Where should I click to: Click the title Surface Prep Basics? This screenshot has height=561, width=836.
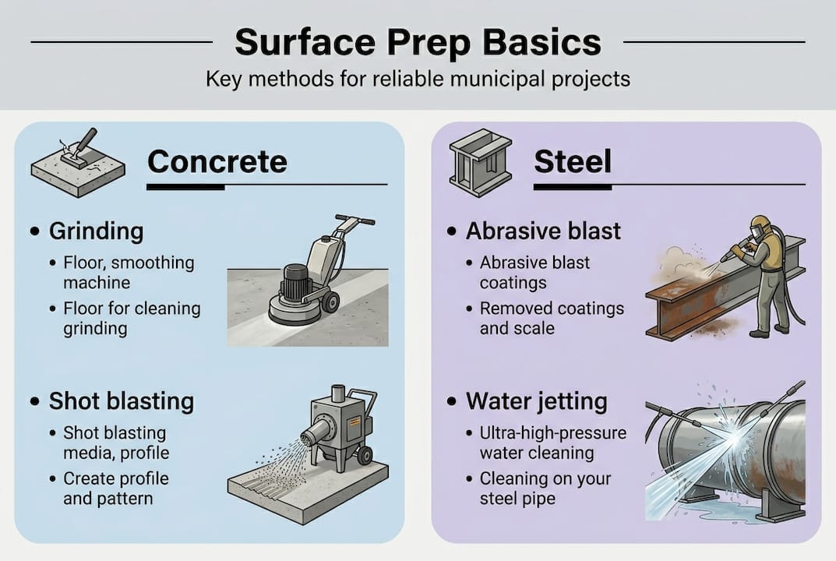pos(418,42)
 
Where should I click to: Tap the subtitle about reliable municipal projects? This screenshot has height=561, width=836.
pos(418,79)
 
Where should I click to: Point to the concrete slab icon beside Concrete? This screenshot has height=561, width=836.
pos(76,162)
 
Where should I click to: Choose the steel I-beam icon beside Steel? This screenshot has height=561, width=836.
pos(480,161)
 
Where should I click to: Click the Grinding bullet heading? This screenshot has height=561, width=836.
pos(96,231)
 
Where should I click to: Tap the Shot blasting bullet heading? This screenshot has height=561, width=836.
pos(121,401)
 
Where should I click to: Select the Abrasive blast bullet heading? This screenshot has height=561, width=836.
pos(543,231)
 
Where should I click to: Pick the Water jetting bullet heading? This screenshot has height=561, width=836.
pos(536,401)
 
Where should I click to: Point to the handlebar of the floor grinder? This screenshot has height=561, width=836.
pos(355,220)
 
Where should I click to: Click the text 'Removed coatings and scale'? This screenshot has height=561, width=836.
pos(551,318)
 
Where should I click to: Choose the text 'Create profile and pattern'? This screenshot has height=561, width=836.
pos(115,488)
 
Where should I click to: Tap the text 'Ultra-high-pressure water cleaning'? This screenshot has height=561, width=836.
pos(552,443)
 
